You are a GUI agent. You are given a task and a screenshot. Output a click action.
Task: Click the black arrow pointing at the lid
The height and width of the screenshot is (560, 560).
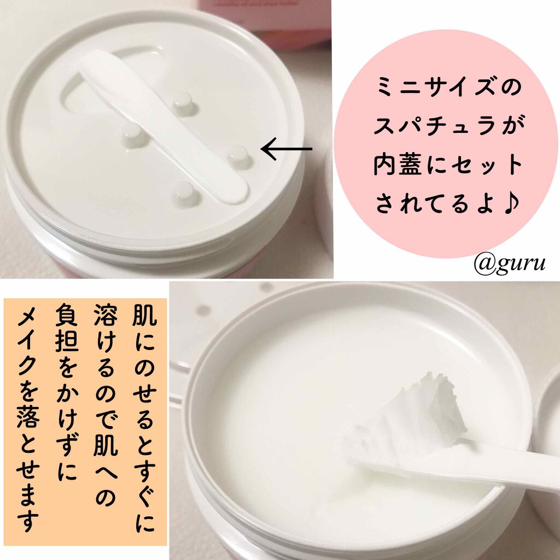click(x=287, y=149)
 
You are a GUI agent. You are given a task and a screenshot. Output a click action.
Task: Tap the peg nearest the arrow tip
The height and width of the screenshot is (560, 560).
click(x=236, y=156)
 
